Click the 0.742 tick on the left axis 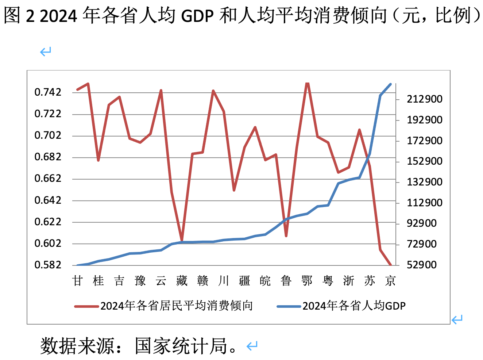tap(48, 92)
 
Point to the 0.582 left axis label tap(48, 265)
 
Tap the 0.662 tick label tap(48, 179)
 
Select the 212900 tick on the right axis tap(424, 99)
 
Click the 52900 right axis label tap(421, 265)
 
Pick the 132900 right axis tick tap(424, 182)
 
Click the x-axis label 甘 tap(77, 281)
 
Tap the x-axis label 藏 tap(182, 281)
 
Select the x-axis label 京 tap(390, 281)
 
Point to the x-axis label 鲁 tap(286, 281)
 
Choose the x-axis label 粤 tap(328, 281)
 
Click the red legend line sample tap(86, 306)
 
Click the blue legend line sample tap(289, 306)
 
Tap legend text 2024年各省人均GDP tap(354, 306)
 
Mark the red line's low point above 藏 tap(182, 240)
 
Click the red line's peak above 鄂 tap(307, 83)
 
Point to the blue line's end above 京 tap(391, 84)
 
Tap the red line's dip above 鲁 tap(286, 236)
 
